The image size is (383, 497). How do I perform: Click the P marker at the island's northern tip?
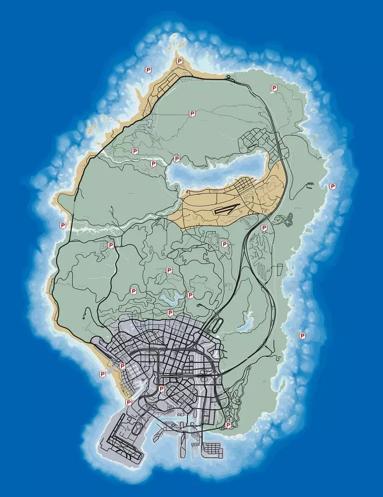point(180,62)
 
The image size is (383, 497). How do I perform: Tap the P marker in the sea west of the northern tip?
point(148,70)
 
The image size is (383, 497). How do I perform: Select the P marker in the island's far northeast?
point(274,88)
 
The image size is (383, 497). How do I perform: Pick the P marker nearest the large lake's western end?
point(176,159)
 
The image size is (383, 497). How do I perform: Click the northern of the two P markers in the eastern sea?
point(333,187)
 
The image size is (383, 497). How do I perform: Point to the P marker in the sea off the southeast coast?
point(302,336)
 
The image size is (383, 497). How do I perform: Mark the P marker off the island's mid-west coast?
point(63,226)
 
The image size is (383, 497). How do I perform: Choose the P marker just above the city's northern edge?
point(170,313)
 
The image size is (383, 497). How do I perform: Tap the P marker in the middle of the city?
point(161,389)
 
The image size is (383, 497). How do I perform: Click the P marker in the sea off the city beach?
point(102,374)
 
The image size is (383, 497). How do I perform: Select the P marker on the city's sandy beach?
point(122,366)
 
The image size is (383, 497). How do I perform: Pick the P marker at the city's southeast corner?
point(228,425)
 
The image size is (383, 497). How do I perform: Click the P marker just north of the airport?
point(128,402)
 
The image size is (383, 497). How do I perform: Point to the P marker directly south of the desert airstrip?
point(224,245)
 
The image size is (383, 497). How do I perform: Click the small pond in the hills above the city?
point(170,299)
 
